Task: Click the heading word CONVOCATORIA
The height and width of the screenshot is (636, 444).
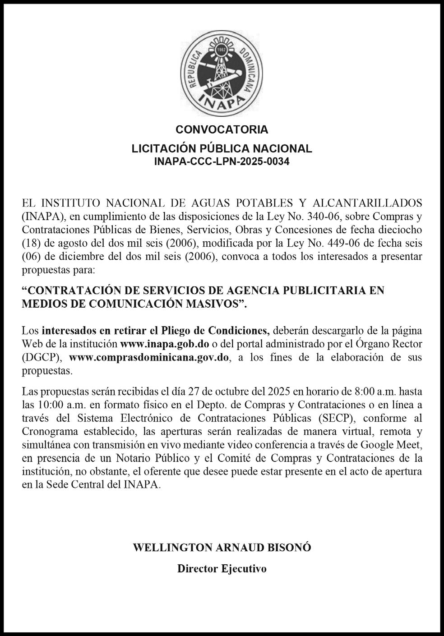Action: click(x=222, y=130)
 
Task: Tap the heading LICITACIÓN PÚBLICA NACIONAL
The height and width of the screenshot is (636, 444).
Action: click(x=222, y=149)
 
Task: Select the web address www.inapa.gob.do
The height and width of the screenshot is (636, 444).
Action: click(x=164, y=344)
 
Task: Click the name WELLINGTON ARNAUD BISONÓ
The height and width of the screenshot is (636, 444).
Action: click(x=222, y=548)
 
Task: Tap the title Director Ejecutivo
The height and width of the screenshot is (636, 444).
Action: click(x=222, y=568)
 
